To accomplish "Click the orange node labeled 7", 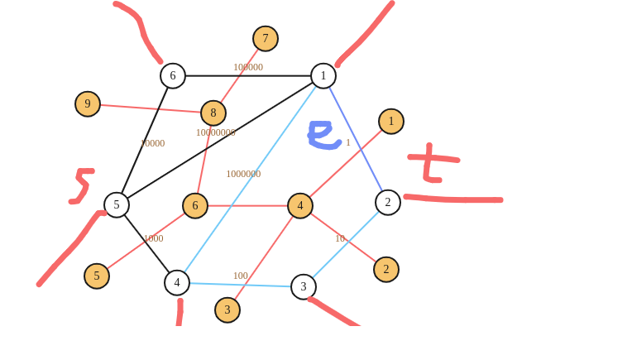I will [x=266, y=38].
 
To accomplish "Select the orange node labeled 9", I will [x=88, y=103].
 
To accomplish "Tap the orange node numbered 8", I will [x=213, y=113].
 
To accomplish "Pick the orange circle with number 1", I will [x=391, y=121].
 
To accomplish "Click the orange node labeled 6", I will [x=195, y=205].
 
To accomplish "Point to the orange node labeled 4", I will [x=300, y=205].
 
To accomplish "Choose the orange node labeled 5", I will [x=97, y=276].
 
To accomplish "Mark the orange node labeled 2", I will [x=385, y=269].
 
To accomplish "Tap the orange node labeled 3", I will [x=227, y=310].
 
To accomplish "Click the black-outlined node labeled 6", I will [x=173, y=75].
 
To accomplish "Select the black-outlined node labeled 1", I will [x=323, y=75].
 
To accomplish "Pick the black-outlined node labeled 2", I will [x=387, y=202].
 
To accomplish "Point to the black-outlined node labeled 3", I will [x=303, y=286].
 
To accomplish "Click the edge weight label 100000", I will [x=248, y=67].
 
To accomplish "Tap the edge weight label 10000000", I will [x=215, y=132].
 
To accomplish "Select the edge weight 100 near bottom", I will [x=240, y=276].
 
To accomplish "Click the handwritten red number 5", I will [x=81, y=185].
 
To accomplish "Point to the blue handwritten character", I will [x=323, y=135].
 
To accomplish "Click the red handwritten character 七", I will [x=433, y=162].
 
